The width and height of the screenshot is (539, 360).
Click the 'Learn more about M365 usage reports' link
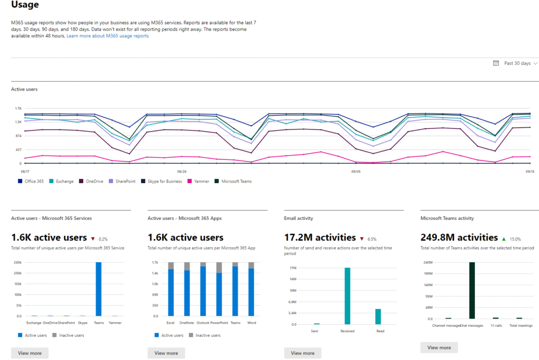pyautogui.click(x=107, y=36)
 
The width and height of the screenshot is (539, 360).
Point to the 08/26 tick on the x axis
pyautogui.click(x=182, y=171)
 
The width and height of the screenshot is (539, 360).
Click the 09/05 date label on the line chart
pyautogui.click(x=355, y=171)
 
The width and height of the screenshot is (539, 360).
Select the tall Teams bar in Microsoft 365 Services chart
pyautogui.click(x=98, y=289)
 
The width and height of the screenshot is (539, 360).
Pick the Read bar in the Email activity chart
pyautogui.click(x=378, y=316)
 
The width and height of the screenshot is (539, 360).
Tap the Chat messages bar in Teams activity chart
pyautogui.click(x=472, y=290)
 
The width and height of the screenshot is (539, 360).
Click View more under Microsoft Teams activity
pyautogui.click(x=439, y=347)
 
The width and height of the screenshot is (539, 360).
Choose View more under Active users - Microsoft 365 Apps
pyautogui.click(x=166, y=353)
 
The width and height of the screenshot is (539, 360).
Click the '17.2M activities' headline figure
pyautogui.click(x=320, y=238)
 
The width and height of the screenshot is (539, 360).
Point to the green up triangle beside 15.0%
pyautogui.click(x=504, y=238)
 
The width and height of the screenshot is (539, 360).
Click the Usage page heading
pyautogui.click(x=25, y=5)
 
